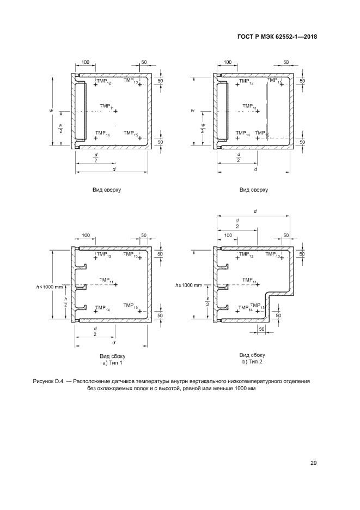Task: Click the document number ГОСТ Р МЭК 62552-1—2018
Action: click(277, 37)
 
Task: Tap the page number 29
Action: click(314, 463)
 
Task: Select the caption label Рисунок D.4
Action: click(48, 381)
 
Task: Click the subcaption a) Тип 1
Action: click(113, 363)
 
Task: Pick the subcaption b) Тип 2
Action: click(252, 362)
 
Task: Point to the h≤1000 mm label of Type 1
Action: click(49, 287)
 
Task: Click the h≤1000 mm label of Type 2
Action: click(188, 286)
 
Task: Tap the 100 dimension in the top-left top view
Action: click(85, 62)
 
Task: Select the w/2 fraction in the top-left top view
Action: click(61, 128)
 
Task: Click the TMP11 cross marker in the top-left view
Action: click(115, 111)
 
